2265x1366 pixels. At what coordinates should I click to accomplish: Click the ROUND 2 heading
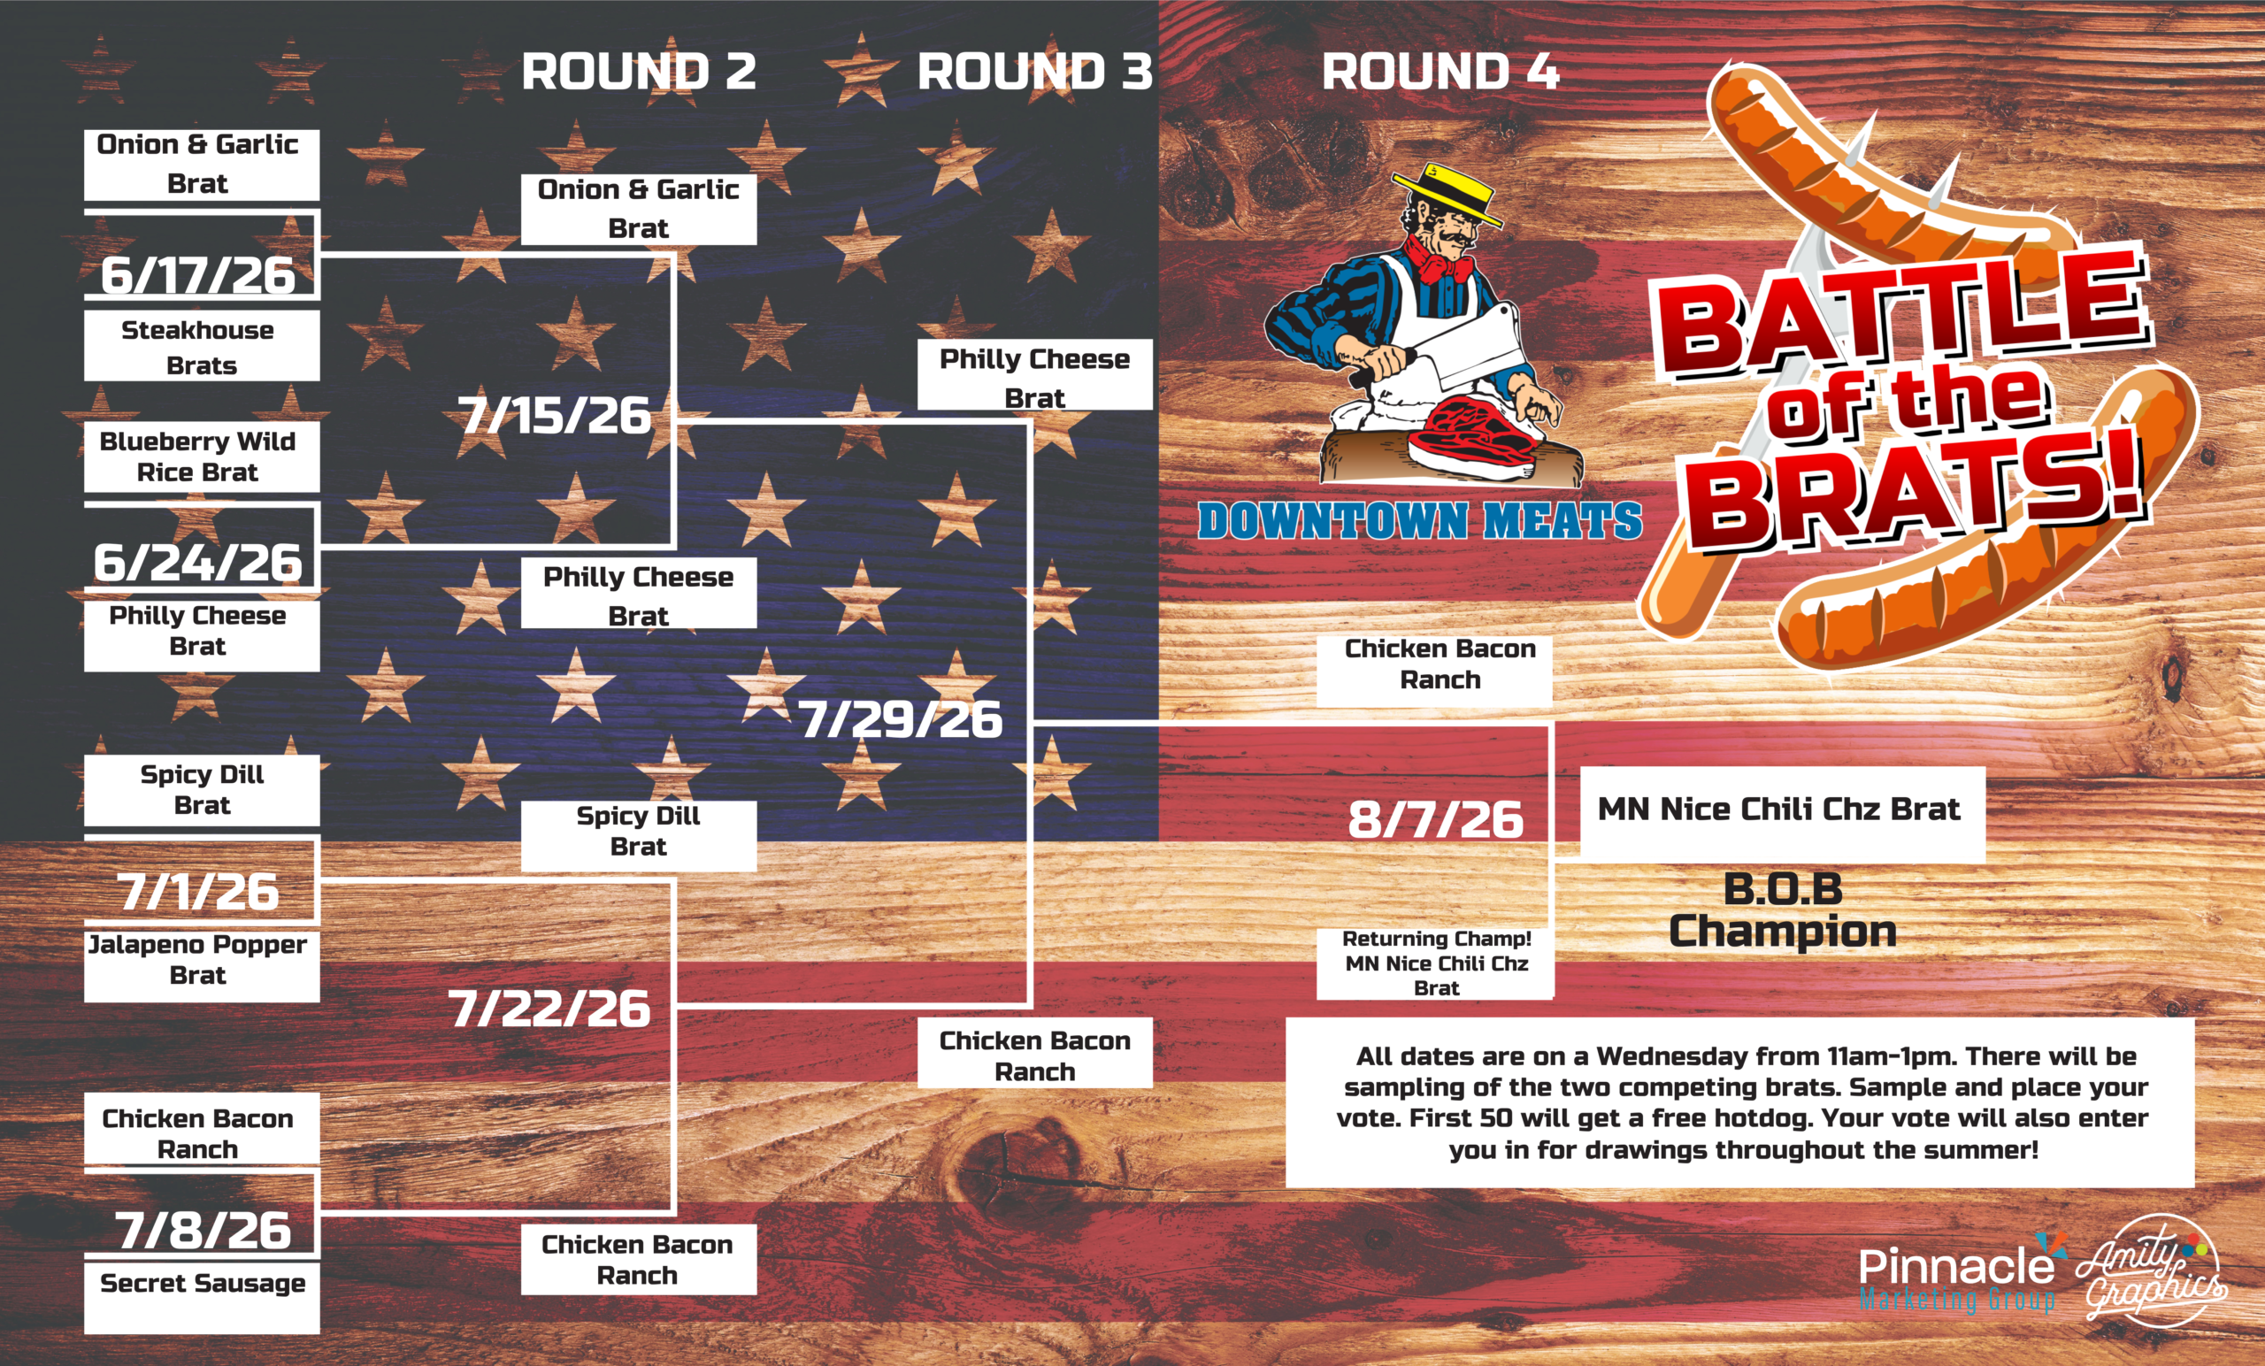point(639,72)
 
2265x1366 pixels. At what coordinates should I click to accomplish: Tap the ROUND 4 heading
point(1440,72)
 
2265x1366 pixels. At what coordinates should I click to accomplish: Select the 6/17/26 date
point(197,275)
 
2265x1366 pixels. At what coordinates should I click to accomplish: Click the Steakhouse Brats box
point(203,346)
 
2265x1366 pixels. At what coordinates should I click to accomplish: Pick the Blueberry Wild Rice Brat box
point(203,457)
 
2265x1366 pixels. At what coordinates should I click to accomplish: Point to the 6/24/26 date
point(197,562)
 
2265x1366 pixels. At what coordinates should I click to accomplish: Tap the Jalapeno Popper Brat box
point(203,963)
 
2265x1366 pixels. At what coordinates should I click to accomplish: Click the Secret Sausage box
point(203,1298)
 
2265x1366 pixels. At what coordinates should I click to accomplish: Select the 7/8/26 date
point(203,1230)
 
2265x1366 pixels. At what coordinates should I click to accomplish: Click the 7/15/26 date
point(554,416)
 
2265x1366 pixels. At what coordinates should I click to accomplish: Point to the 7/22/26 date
point(549,1009)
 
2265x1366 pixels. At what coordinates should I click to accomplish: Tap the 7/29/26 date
point(901,719)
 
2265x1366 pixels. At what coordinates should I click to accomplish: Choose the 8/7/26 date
point(1436,819)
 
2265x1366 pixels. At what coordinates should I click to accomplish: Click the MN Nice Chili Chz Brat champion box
point(1783,814)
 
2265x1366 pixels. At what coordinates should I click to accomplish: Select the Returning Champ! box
point(1436,963)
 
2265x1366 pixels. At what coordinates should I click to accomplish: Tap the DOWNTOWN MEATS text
point(1419,520)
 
